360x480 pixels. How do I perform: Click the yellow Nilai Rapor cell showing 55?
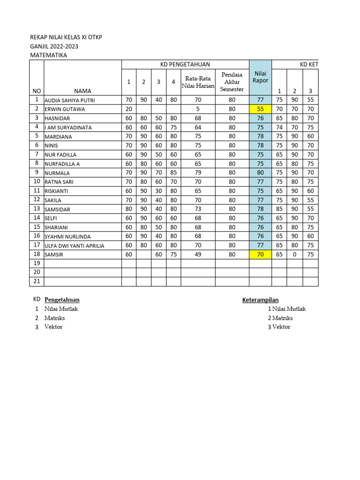pyautogui.click(x=260, y=109)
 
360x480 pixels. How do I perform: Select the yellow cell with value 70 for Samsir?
pyautogui.click(x=260, y=255)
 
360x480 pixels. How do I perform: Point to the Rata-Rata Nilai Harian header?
pyautogui.click(x=198, y=82)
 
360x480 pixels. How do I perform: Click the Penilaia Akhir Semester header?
pyautogui.click(x=232, y=82)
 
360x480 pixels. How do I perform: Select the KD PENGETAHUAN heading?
pyautogui.click(x=185, y=65)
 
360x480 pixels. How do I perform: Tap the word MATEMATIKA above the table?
pyautogui.click(x=48, y=55)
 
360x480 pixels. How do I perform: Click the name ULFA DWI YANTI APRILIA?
pyautogui.click(x=74, y=246)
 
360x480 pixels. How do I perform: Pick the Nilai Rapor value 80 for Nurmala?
pyautogui.click(x=260, y=172)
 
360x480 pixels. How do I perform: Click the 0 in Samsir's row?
pyautogui.click(x=295, y=255)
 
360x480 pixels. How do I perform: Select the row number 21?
pyautogui.click(x=37, y=281)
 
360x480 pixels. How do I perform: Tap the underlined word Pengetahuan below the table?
pyautogui.click(x=65, y=300)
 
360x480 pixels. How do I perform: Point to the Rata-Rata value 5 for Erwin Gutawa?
pyautogui.click(x=198, y=109)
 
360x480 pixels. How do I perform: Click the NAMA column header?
pyautogui.click(x=82, y=91)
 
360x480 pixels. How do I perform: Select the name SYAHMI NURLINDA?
pyautogui.click(x=67, y=237)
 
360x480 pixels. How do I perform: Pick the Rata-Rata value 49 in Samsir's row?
pyautogui.click(x=198, y=255)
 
